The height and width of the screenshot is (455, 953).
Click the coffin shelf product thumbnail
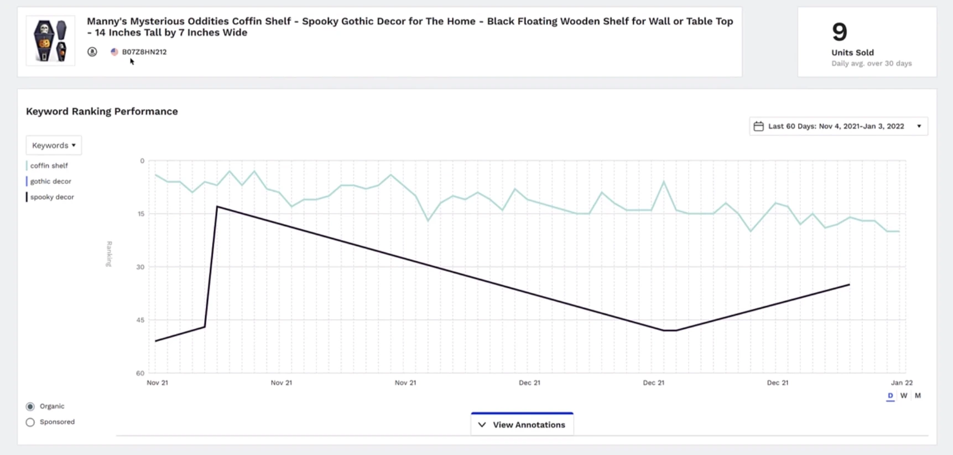pyautogui.click(x=50, y=41)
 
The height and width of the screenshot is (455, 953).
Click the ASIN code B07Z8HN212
pyautogui.click(x=144, y=52)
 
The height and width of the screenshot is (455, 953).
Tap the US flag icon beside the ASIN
pyautogui.click(x=114, y=52)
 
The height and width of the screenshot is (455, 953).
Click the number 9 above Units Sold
pyautogui.click(x=839, y=32)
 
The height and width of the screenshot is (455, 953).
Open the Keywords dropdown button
pyautogui.click(x=54, y=145)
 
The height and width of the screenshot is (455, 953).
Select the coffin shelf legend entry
pyautogui.click(x=49, y=166)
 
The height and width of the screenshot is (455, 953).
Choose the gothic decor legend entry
pyautogui.click(x=50, y=181)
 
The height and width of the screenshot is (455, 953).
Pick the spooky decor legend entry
pyautogui.click(x=52, y=197)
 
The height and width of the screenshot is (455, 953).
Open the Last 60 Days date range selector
pyautogui.click(x=838, y=126)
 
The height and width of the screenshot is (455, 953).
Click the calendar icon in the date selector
pyautogui.click(x=758, y=126)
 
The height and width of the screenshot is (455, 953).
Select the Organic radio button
pyautogui.click(x=30, y=406)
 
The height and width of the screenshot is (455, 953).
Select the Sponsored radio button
pyautogui.click(x=30, y=422)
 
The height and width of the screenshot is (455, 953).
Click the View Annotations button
pyautogui.click(x=522, y=425)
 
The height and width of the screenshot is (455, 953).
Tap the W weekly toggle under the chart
pyautogui.click(x=904, y=396)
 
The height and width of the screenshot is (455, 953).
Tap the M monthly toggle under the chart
pyautogui.click(x=918, y=396)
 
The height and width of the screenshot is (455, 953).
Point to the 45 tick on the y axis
pyautogui.click(x=140, y=320)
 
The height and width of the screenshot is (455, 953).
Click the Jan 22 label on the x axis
pyautogui.click(x=902, y=382)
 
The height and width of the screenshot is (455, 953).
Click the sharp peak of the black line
pyautogui.click(x=217, y=206)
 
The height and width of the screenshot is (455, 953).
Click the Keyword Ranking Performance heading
pyautogui.click(x=102, y=111)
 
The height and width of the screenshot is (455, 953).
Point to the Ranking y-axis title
pyautogui.click(x=109, y=254)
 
